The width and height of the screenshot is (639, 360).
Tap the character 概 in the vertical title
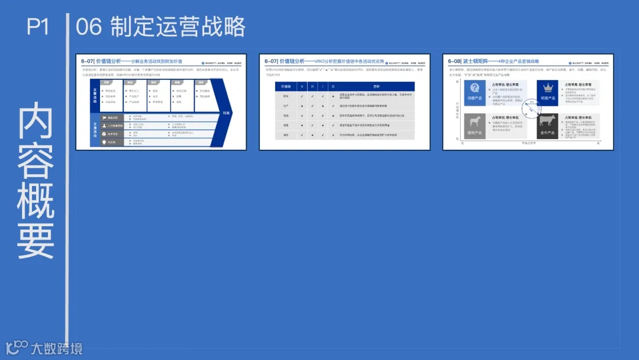click(x=36, y=200)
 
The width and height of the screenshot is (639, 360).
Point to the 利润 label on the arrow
click(x=226, y=112)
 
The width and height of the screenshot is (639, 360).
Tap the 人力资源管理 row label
click(x=115, y=126)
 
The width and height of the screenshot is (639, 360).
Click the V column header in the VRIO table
click(x=302, y=86)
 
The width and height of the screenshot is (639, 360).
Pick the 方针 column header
click(x=376, y=86)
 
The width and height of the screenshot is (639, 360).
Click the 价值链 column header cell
click(x=286, y=86)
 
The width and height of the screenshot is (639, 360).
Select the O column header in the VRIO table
click(x=333, y=86)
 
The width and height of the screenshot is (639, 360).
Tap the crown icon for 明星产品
click(x=547, y=88)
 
